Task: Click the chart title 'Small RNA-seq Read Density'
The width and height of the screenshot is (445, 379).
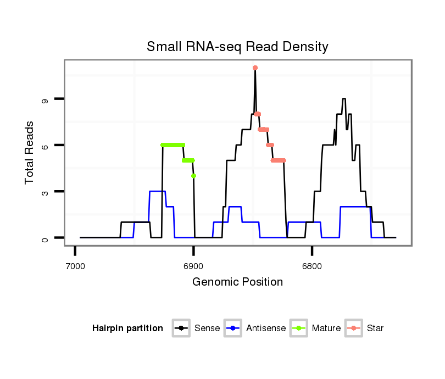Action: pos(237,47)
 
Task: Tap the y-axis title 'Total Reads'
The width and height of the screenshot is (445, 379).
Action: pos(30,152)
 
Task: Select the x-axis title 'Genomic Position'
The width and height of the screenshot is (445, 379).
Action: pos(237,282)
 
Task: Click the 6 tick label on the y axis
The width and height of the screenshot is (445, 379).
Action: pos(45,146)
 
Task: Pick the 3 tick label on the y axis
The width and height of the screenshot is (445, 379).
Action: pos(45,192)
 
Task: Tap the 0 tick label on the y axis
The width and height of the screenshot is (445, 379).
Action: pos(45,238)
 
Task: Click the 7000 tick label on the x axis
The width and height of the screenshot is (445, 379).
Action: pos(75,266)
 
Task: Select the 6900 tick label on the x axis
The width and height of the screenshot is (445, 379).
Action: pos(193,266)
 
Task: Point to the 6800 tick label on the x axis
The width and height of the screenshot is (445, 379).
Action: pos(312,266)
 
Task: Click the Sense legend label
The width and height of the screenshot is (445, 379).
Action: pos(207,328)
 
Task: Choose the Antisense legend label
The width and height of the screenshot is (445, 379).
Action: pos(266,328)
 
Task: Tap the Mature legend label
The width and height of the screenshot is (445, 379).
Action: pos(326,328)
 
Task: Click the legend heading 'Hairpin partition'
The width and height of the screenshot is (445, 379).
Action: pos(127,328)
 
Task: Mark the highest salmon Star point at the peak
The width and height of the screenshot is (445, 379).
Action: pos(255,68)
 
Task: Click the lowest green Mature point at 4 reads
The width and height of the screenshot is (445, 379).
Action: pos(193,176)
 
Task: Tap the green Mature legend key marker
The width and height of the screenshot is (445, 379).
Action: pos(301,328)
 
